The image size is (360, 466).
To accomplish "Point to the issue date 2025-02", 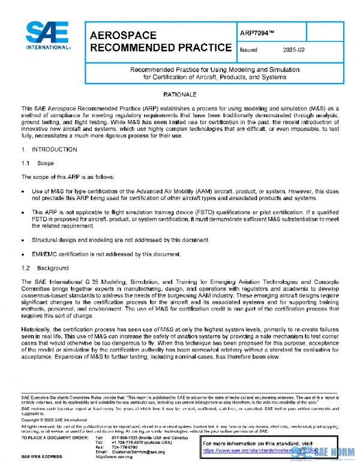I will tap(293, 50).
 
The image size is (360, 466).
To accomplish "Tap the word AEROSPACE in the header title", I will tap(123, 35).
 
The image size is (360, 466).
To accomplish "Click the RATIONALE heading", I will tap(180, 95).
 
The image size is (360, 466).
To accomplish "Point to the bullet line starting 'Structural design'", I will tap(120, 240).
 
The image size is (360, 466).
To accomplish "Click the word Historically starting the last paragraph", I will tap(37, 328).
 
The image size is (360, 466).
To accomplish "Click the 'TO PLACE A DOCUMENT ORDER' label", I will tap(53, 438).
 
